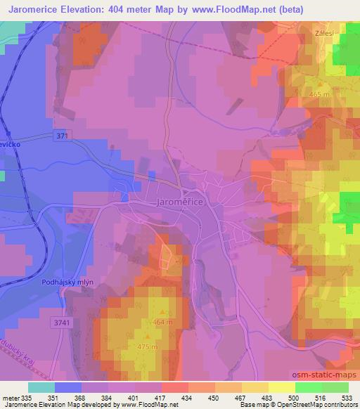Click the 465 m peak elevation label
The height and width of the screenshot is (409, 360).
point(318,94)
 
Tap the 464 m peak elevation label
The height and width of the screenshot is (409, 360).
point(162,322)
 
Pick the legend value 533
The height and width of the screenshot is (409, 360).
point(347,397)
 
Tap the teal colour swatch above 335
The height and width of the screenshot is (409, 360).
point(41,387)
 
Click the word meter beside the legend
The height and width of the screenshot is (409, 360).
point(9,397)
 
